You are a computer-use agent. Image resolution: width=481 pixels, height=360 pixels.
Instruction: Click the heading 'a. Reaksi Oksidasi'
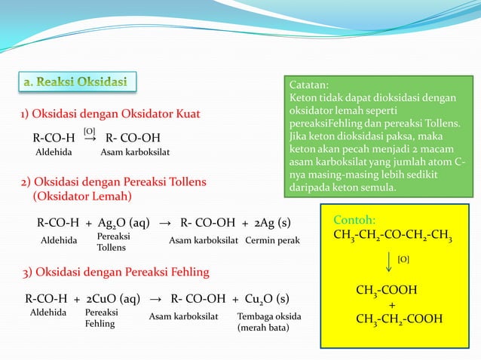pyautogui.click(x=78, y=81)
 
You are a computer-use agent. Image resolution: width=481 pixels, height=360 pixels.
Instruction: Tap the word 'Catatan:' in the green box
pyautogui.click(x=311, y=86)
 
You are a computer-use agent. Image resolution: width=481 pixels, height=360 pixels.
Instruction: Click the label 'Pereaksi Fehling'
pyautogui.click(x=100, y=317)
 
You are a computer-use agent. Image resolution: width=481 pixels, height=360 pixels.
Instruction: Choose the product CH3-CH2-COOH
pyautogui.click(x=399, y=319)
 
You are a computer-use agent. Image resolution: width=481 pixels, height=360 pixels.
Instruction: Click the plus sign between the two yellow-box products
pyautogui.click(x=391, y=304)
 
